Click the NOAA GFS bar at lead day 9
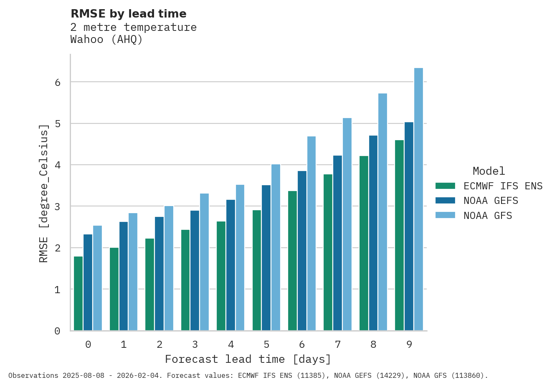click(418, 199)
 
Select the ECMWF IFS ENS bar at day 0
click(78, 294)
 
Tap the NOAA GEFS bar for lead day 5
click(266, 258)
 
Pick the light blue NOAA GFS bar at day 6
click(311, 234)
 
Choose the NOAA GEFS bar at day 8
click(373, 233)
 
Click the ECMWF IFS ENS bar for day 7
click(328, 252)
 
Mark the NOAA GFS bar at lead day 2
click(169, 268)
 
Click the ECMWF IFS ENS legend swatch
click(445, 186)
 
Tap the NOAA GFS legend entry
click(487, 216)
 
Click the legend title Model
click(489, 171)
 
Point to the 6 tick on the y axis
click(58, 83)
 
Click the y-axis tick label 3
click(58, 207)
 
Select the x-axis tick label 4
click(231, 345)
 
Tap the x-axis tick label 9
click(409, 345)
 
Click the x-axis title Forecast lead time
click(248, 359)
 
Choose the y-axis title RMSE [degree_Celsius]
click(44, 193)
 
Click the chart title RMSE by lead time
click(129, 14)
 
